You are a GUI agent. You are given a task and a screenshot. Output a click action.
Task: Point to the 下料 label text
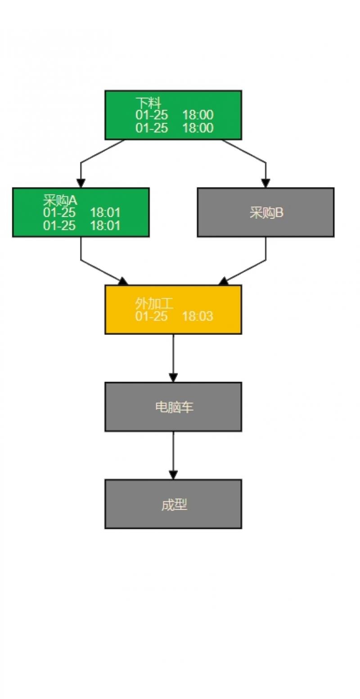click(x=148, y=103)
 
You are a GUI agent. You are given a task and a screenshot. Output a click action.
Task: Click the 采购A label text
click(x=60, y=200)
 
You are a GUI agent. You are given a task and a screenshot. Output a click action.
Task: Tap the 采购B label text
click(x=266, y=212)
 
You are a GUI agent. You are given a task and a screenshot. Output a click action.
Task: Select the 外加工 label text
click(x=154, y=304)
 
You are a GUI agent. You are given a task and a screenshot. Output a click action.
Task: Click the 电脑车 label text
click(x=174, y=407)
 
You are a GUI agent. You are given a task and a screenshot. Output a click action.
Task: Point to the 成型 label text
click(x=174, y=505)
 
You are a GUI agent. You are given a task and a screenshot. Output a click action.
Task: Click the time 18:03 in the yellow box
click(x=198, y=316)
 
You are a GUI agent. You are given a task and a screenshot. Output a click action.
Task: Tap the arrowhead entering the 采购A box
click(x=81, y=183)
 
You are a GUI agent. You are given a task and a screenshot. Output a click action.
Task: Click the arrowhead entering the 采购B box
click(x=265, y=183)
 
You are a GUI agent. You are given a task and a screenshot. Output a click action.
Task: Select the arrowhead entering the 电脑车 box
click(x=173, y=378)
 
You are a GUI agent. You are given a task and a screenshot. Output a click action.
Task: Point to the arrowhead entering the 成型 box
click(x=173, y=475)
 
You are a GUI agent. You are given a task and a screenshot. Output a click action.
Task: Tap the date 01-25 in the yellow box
click(x=151, y=316)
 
